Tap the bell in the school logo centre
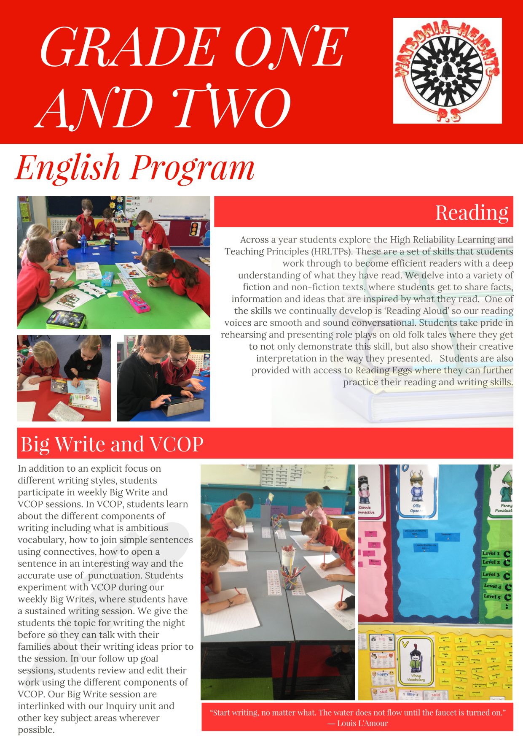447,70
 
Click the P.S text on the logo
448,115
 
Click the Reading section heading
472,213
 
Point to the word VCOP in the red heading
177,444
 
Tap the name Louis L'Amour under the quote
362,723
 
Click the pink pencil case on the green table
136,300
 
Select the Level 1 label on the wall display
491,553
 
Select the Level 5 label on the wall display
492,597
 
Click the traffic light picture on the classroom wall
194,229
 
